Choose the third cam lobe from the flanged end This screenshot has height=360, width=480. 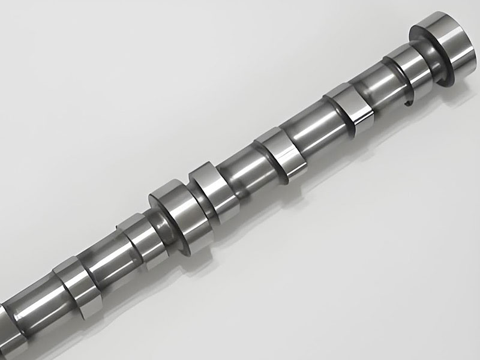coord(278,153)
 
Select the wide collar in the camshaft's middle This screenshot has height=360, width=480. coord(172,207)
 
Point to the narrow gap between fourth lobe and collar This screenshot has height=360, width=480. coord(190,198)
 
